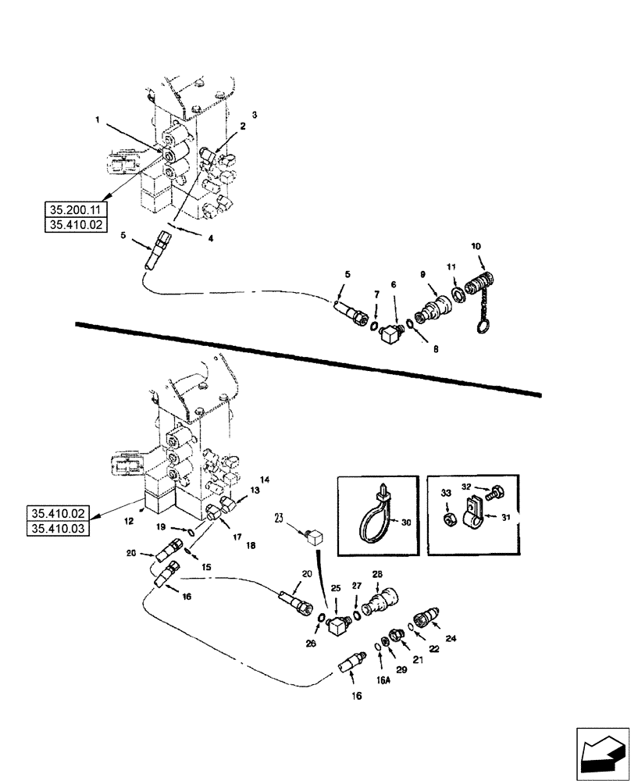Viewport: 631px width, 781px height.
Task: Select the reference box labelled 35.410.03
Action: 59,529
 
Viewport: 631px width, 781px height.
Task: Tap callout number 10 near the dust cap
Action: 476,247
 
